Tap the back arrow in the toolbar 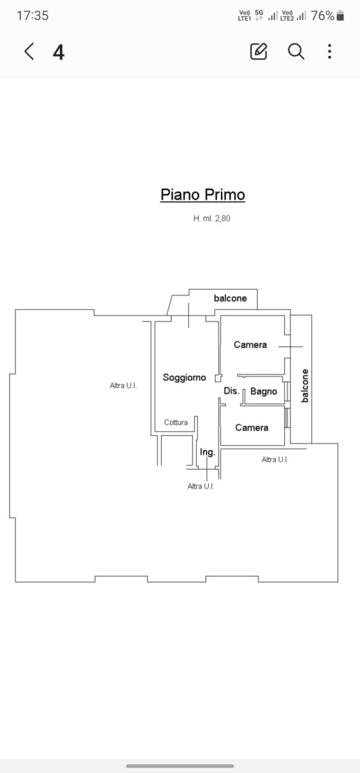[x=30, y=52]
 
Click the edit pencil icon [x=258, y=52]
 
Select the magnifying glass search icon [x=296, y=52]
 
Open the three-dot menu [x=330, y=52]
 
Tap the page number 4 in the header [x=59, y=52]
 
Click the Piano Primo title [x=203, y=195]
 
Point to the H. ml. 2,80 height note [x=212, y=218]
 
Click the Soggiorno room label [x=184, y=377]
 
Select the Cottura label [x=176, y=423]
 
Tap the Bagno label [x=263, y=392]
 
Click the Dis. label [x=232, y=390]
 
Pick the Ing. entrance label [x=207, y=452]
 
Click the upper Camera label [x=251, y=345]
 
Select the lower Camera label [x=252, y=428]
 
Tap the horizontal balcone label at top [x=230, y=298]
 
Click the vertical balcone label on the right [x=305, y=386]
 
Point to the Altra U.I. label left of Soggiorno [x=123, y=385]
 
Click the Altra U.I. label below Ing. [x=201, y=486]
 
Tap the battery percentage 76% [x=323, y=15]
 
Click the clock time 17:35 [x=32, y=15]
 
